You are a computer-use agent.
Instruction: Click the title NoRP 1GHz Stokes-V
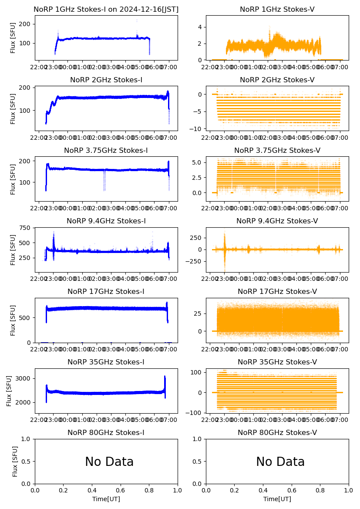(x=277, y=10)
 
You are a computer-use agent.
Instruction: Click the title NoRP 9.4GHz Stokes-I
(x=106, y=221)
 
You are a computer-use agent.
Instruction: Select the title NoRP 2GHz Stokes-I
(x=106, y=80)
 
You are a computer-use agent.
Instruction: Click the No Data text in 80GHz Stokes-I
(x=109, y=462)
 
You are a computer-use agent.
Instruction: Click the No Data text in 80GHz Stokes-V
(x=280, y=462)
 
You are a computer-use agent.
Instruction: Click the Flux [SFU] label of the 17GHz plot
(x=13, y=320)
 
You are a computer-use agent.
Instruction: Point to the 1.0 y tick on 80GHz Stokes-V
(x=199, y=439)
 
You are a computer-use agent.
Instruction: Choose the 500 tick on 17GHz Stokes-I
(x=25, y=318)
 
